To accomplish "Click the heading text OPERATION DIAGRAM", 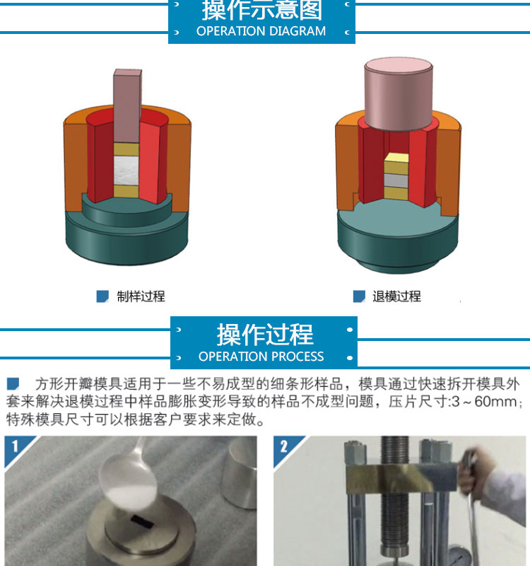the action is (261, 31).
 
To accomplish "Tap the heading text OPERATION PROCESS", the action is (261, 357).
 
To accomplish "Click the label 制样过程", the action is (141, 296).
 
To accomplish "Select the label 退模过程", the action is (396, 296).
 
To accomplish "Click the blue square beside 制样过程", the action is (102, 296).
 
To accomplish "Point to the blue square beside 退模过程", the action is (359, 296).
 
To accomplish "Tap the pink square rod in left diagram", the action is (127, 105).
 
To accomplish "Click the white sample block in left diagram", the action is (126, 171).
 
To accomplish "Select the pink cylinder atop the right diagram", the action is (399, 93).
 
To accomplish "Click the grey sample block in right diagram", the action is (396, 180).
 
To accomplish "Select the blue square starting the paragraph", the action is (13, 383).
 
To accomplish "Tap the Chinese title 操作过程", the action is (265, 335).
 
